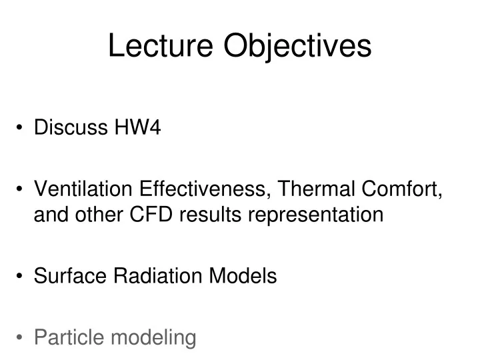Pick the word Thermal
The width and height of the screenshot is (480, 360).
click(318, 192)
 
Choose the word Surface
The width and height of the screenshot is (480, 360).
click(70, 276)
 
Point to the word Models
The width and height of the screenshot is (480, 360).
click(243, 276)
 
